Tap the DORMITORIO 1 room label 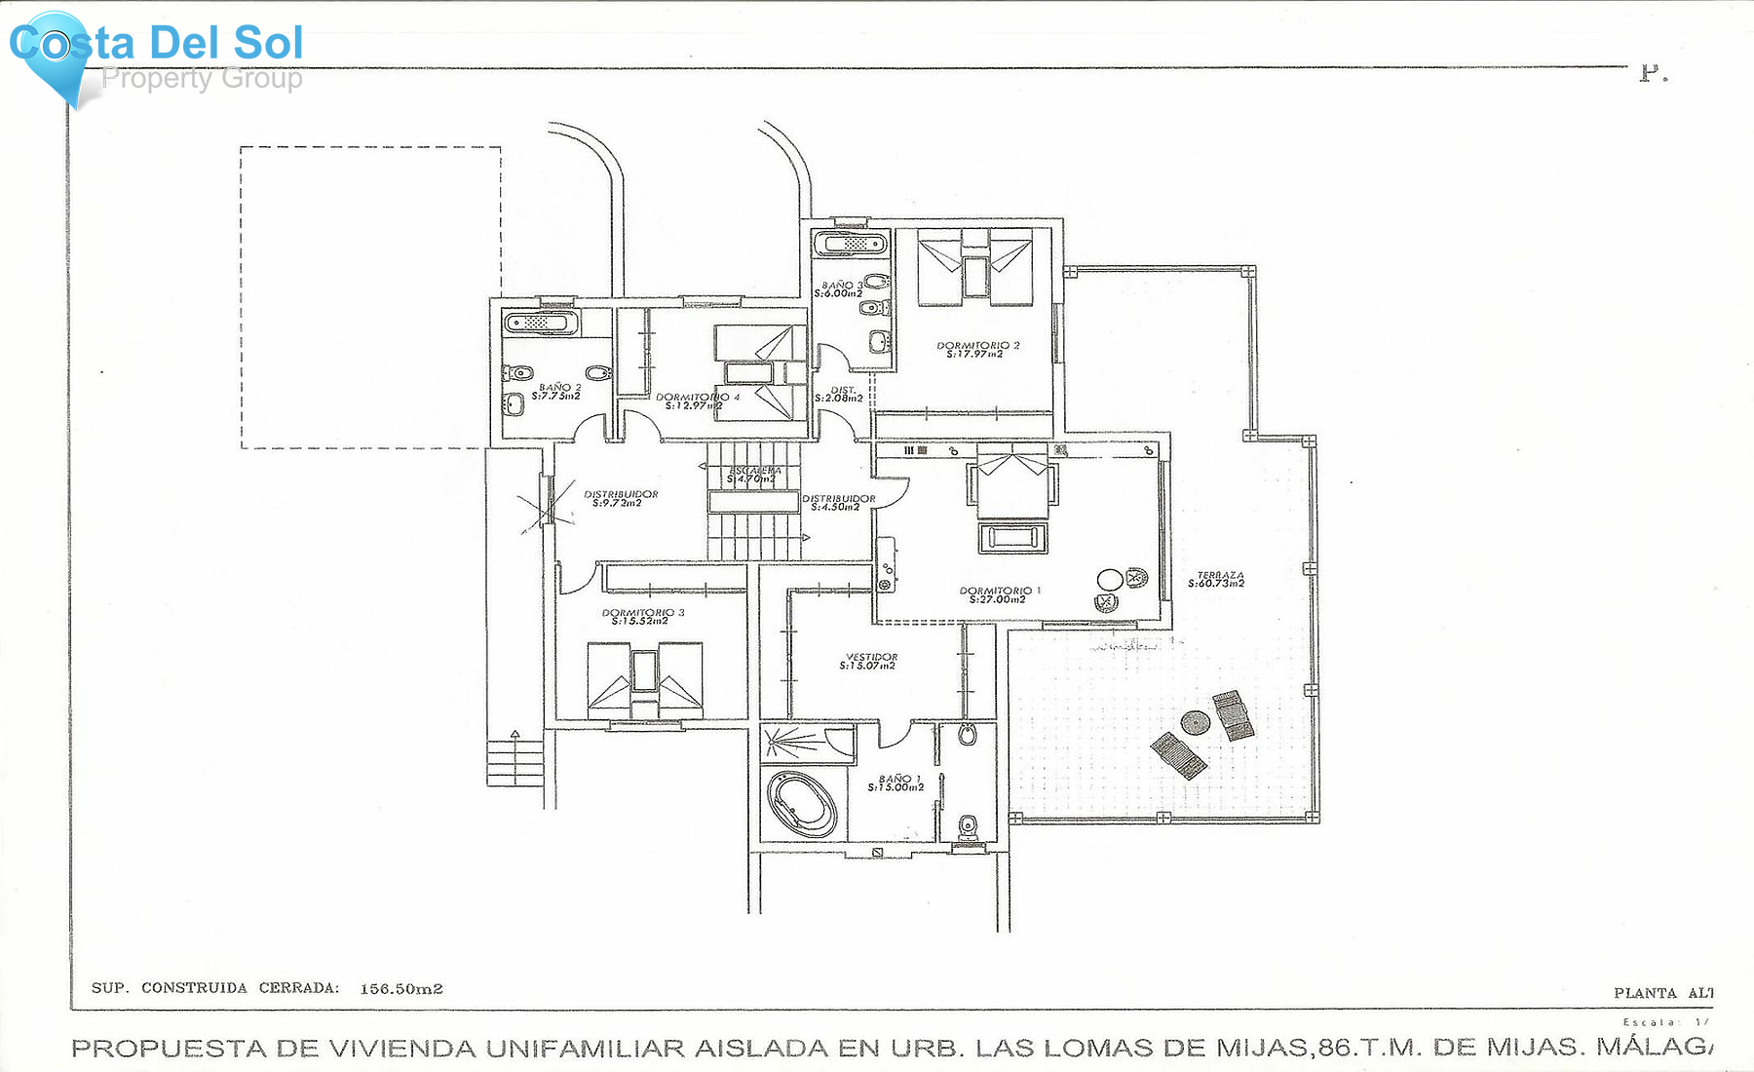1000,594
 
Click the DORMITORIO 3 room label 642,616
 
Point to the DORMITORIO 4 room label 696,400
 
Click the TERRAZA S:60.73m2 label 1217,580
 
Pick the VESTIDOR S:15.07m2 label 870,661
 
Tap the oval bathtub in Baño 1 802,805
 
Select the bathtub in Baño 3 852,243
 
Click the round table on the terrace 1196,723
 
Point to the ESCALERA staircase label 754,475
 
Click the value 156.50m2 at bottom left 401,988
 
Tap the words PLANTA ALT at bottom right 1661,993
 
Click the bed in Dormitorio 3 644,679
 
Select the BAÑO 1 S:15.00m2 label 896,783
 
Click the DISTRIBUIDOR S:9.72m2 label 621,498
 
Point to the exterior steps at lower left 515,762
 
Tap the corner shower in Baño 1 794,742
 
